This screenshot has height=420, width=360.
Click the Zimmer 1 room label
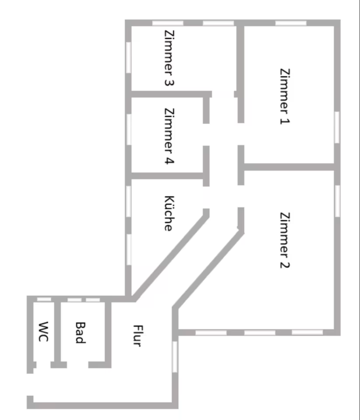click(x=285, y=96)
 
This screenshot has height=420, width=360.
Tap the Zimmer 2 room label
click(x=285, y=240)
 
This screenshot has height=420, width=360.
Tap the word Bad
click(x=80, y=332)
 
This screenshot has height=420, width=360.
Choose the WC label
click(x=43, y=332)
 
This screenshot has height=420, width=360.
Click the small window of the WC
click(x=44, y=299)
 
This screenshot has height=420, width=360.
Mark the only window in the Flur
click(x=175, y=357)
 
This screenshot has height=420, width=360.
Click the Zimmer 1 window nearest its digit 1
click(x=337, y=127)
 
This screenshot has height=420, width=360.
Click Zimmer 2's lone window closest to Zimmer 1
click(x=337, y=200)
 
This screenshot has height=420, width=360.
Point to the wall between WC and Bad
click(x=57, y=332)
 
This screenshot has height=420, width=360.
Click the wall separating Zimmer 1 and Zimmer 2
click(x=289, y=167)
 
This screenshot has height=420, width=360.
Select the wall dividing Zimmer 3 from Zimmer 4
click(x=168, y=94)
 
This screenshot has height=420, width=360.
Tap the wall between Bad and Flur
click(x=108, y=332)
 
